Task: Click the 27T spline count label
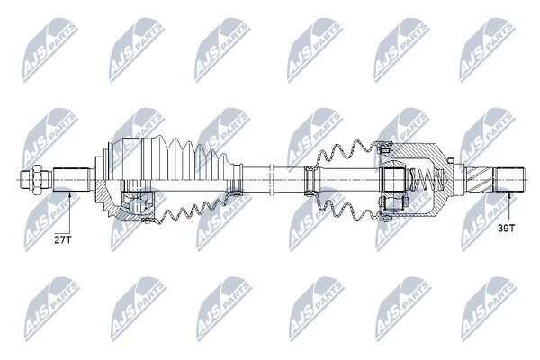tap(63, 239)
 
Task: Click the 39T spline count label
tap(507, 228)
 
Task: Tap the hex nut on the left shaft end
tap(37, 179)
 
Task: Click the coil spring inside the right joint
tap(428, 179)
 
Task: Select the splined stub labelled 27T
tap(71, 179)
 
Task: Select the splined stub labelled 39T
tap(509, 179)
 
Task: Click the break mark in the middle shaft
tap(271, 179)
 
